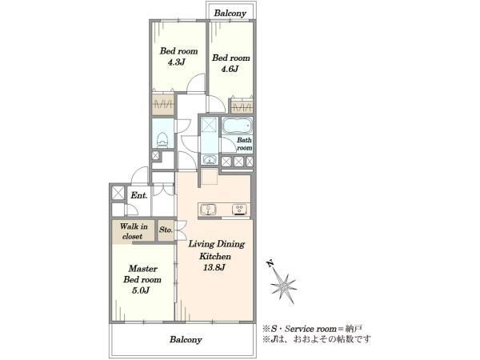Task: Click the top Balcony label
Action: pos(232,14)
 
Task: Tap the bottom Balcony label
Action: pos(186,339)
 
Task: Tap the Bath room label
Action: pos(244,144)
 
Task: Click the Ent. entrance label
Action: pos(139,194)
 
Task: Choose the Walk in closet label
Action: pos(132,231)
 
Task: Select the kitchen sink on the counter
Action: pos(210,210)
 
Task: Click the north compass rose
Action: pos(284,283)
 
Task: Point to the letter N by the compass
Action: pos(270,263)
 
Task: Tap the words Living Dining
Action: pos(216,243)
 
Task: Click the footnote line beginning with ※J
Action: pos(315,339)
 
